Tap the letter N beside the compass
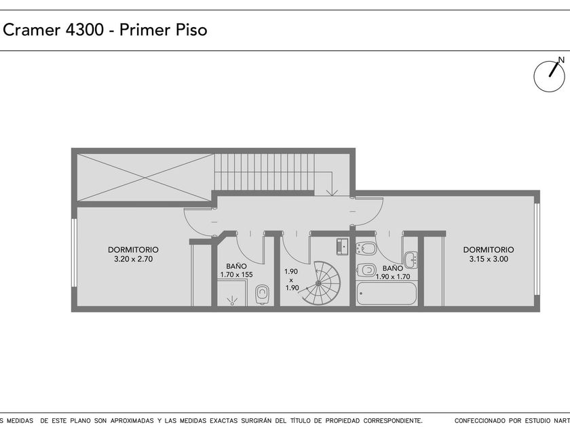point(561,60)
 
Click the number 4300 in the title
point(85,30)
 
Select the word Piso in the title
point(191,30)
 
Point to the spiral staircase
point(320,283)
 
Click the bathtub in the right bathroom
point(386,293)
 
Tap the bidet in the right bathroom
point(366,249)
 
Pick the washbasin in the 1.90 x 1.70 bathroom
point(411,259)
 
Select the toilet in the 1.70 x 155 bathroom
point(262,294)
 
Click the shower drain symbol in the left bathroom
point(231,301)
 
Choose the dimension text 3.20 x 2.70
point(134,259)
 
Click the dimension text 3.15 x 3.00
point(489,259)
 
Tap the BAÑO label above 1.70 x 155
point(236,266)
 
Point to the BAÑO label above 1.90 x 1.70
point(393,268)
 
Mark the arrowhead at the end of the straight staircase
point(332,192)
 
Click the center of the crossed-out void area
point(145,178)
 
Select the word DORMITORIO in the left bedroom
point(133,250)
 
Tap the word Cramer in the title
point(32,30)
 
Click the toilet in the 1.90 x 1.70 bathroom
point(366,270)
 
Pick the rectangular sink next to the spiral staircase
point(343,247)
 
